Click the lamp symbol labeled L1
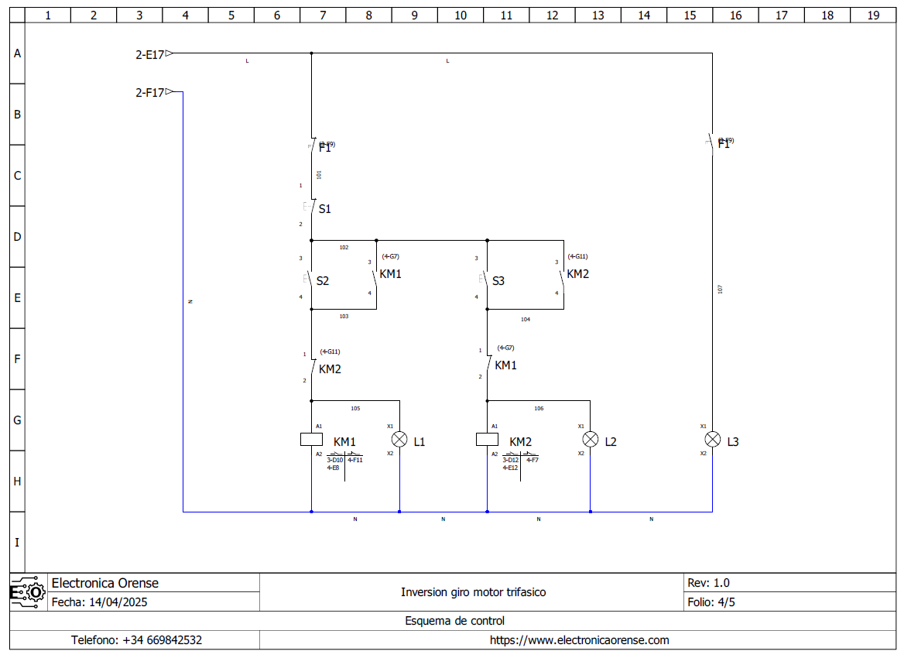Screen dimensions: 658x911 399,440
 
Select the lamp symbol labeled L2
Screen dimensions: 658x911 591,440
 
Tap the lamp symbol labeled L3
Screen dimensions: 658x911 712,440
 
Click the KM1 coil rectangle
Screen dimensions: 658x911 311,440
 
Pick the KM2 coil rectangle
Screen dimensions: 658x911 487,440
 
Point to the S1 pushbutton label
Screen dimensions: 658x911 325,209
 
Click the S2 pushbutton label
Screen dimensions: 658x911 323,281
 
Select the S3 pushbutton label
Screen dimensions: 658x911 498,281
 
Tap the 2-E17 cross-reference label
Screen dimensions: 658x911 149,54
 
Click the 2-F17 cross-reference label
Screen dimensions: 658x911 149,93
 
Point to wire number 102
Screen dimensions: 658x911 344,248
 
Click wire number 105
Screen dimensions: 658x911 355,408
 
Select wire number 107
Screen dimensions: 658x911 720,289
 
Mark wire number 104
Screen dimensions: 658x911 526,319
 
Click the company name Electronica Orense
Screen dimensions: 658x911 104,583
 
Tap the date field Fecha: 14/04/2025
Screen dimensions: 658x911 98,601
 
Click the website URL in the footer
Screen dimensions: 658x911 579,640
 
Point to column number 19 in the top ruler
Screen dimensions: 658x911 873,15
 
